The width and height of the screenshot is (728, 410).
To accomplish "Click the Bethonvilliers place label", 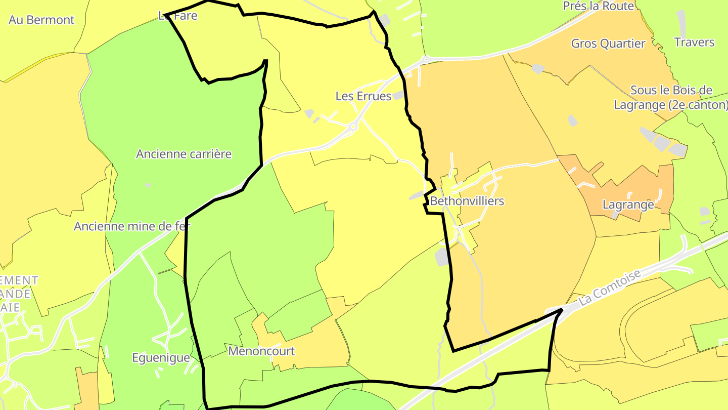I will pos(467,201).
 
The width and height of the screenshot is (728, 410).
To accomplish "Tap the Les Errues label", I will pos(363,96).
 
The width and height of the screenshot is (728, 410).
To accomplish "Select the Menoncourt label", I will pos(261,351).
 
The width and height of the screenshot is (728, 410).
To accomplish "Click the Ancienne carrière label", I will pos(184,154).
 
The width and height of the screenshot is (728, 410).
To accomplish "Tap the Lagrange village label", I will pos(628,205).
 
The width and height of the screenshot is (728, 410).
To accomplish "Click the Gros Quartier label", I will pos(608,44).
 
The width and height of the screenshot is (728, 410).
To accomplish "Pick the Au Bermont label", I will pos(41,20).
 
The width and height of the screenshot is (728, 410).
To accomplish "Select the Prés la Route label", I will pos(599,6).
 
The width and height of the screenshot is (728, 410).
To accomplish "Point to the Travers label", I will pos(695,42).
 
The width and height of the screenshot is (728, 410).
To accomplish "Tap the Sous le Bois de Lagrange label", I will pos(671,98).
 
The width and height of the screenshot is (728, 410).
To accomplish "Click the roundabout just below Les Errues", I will pos(353,127).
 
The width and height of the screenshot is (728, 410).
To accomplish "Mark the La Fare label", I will pos(177,16).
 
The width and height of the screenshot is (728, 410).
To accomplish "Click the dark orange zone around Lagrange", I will pos(652,182).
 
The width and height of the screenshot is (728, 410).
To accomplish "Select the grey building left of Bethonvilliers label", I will pos(417,195).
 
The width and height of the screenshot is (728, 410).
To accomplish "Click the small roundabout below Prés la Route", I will pos(426,59).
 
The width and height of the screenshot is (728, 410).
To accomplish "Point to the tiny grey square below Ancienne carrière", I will pos(148,185).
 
